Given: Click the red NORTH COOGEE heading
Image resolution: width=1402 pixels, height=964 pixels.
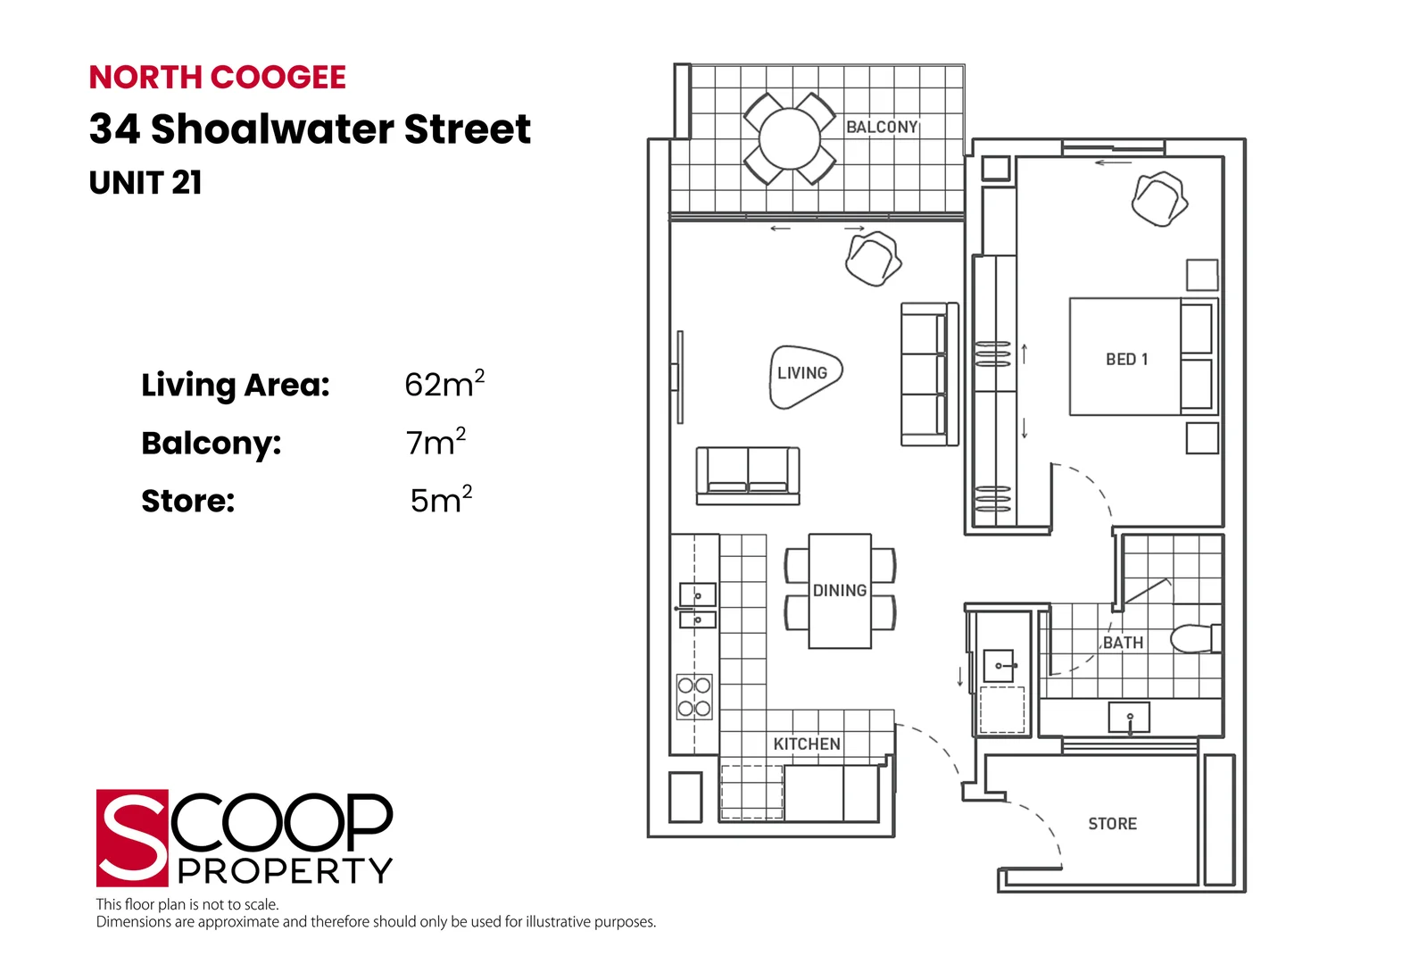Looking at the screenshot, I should [x=217, y=78].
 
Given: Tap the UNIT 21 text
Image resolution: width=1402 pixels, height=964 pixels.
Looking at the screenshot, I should [x=145, y=183].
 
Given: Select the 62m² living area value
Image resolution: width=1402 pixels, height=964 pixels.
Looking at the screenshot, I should [x=444, y=384].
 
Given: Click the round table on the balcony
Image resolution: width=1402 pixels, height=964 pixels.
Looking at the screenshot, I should [x=790, y=139].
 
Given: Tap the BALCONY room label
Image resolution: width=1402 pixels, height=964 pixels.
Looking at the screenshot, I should [x=882, y=128].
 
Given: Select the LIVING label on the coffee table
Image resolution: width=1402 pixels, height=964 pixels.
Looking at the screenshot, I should [x=802, y=373].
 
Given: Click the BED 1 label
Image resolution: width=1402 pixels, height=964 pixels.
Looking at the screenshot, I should [x=1126, y=359].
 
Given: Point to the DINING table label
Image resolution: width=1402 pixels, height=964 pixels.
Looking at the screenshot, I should [x=840, y=591].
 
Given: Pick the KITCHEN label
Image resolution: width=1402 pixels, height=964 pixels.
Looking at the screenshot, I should [x=807, y=744].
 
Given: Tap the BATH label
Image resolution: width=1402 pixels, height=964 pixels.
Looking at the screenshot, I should [x=1123, y=643].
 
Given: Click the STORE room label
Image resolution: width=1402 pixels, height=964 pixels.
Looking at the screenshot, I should [x=1112, y=824].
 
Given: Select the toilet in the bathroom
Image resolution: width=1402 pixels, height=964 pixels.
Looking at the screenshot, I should [x=1194, y=638].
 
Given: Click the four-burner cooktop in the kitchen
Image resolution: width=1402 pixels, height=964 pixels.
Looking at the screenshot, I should [x=694, y=697].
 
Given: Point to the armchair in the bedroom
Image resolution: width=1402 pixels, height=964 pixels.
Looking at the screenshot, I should [x=1159, y=198].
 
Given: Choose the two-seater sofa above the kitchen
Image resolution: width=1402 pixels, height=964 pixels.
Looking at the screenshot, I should [x=748, y=475].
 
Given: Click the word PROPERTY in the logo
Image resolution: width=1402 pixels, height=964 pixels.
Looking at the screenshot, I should [x=285, y=870].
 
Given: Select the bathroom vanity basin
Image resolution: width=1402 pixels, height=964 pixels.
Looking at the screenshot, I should [x=1129, y=717].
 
